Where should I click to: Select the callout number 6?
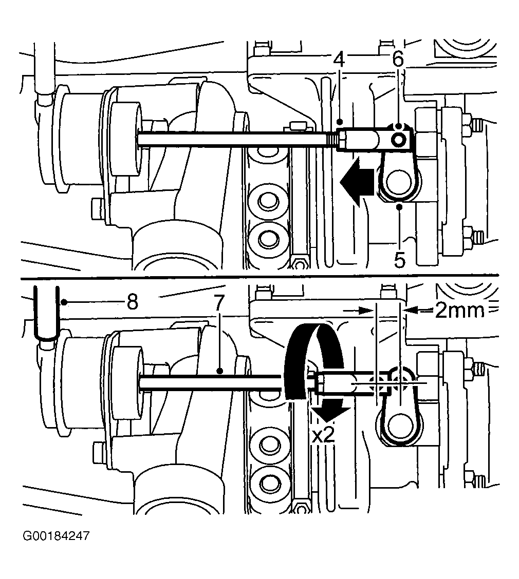[x=398, y=59]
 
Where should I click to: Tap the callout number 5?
[x=400, y=260]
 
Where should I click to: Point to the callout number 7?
[x=219, y=303]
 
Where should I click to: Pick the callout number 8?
[x=133, y=302]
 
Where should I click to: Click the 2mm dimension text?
[x=459, y=311]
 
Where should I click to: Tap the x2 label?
[x=323, y=436]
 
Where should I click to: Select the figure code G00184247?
[x=56, y=536]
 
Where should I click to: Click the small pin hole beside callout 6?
[x=400, y=140]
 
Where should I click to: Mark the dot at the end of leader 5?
[x=399, y=207]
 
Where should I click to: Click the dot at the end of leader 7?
[x=219, y=371]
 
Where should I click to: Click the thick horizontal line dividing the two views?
[x=259, y=276]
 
